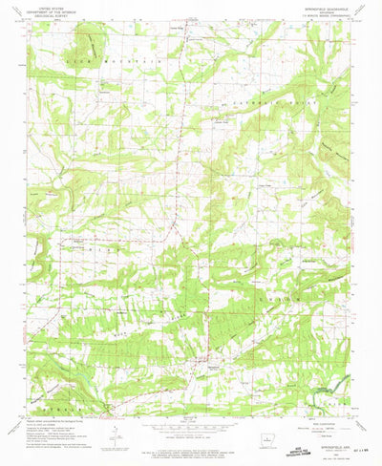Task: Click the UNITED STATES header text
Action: tap(48, 5)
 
